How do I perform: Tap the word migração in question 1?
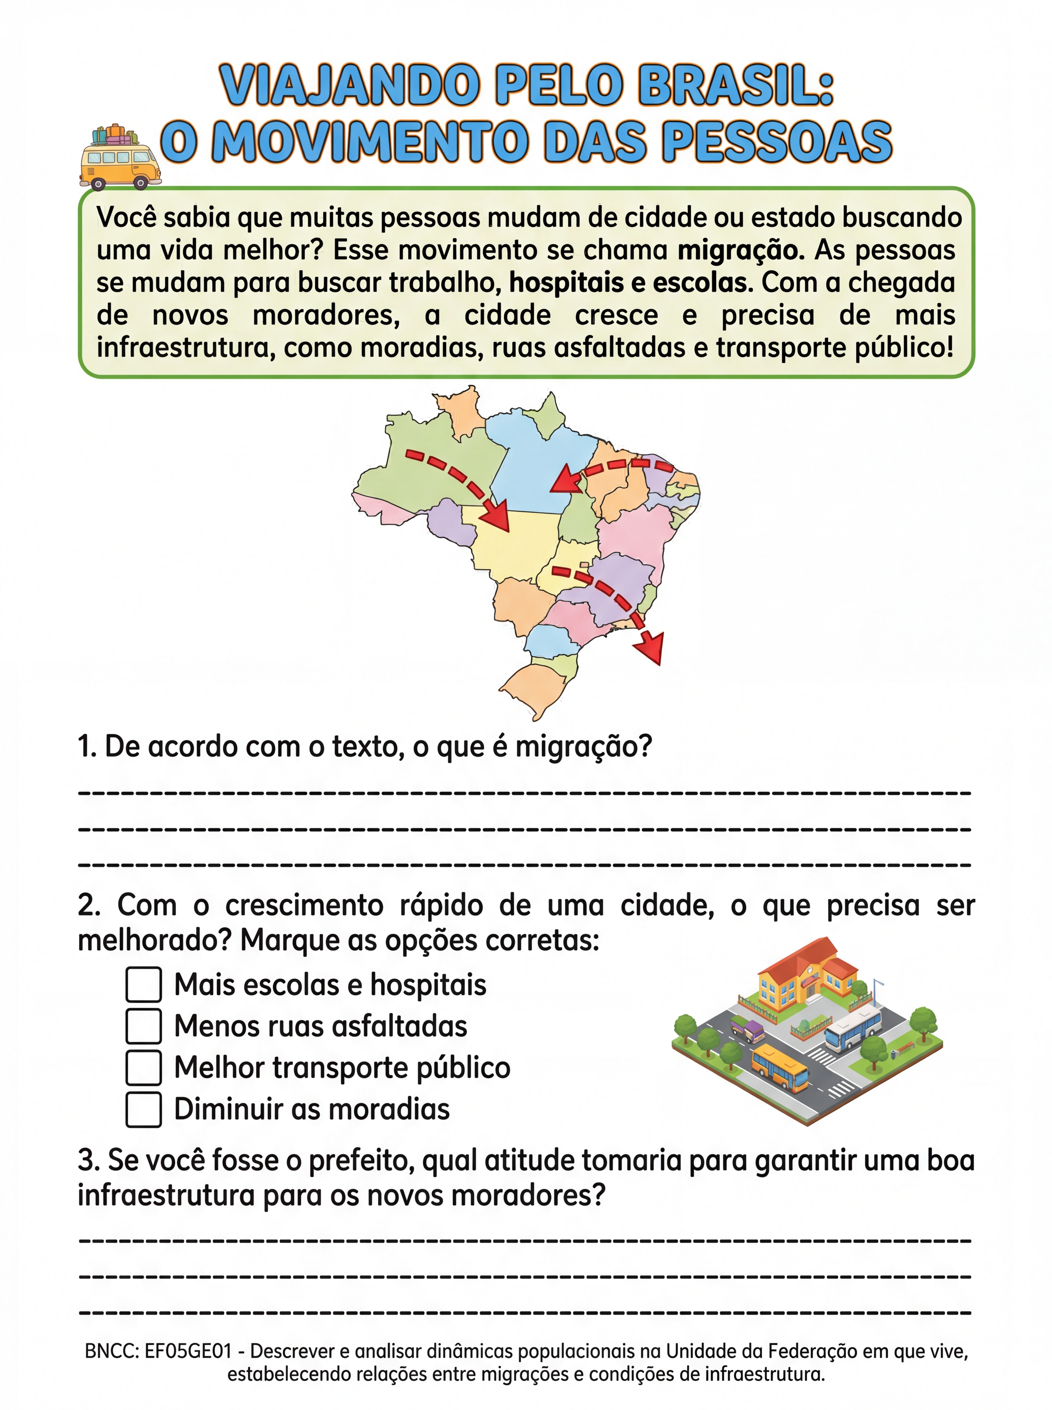pos(582,746)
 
